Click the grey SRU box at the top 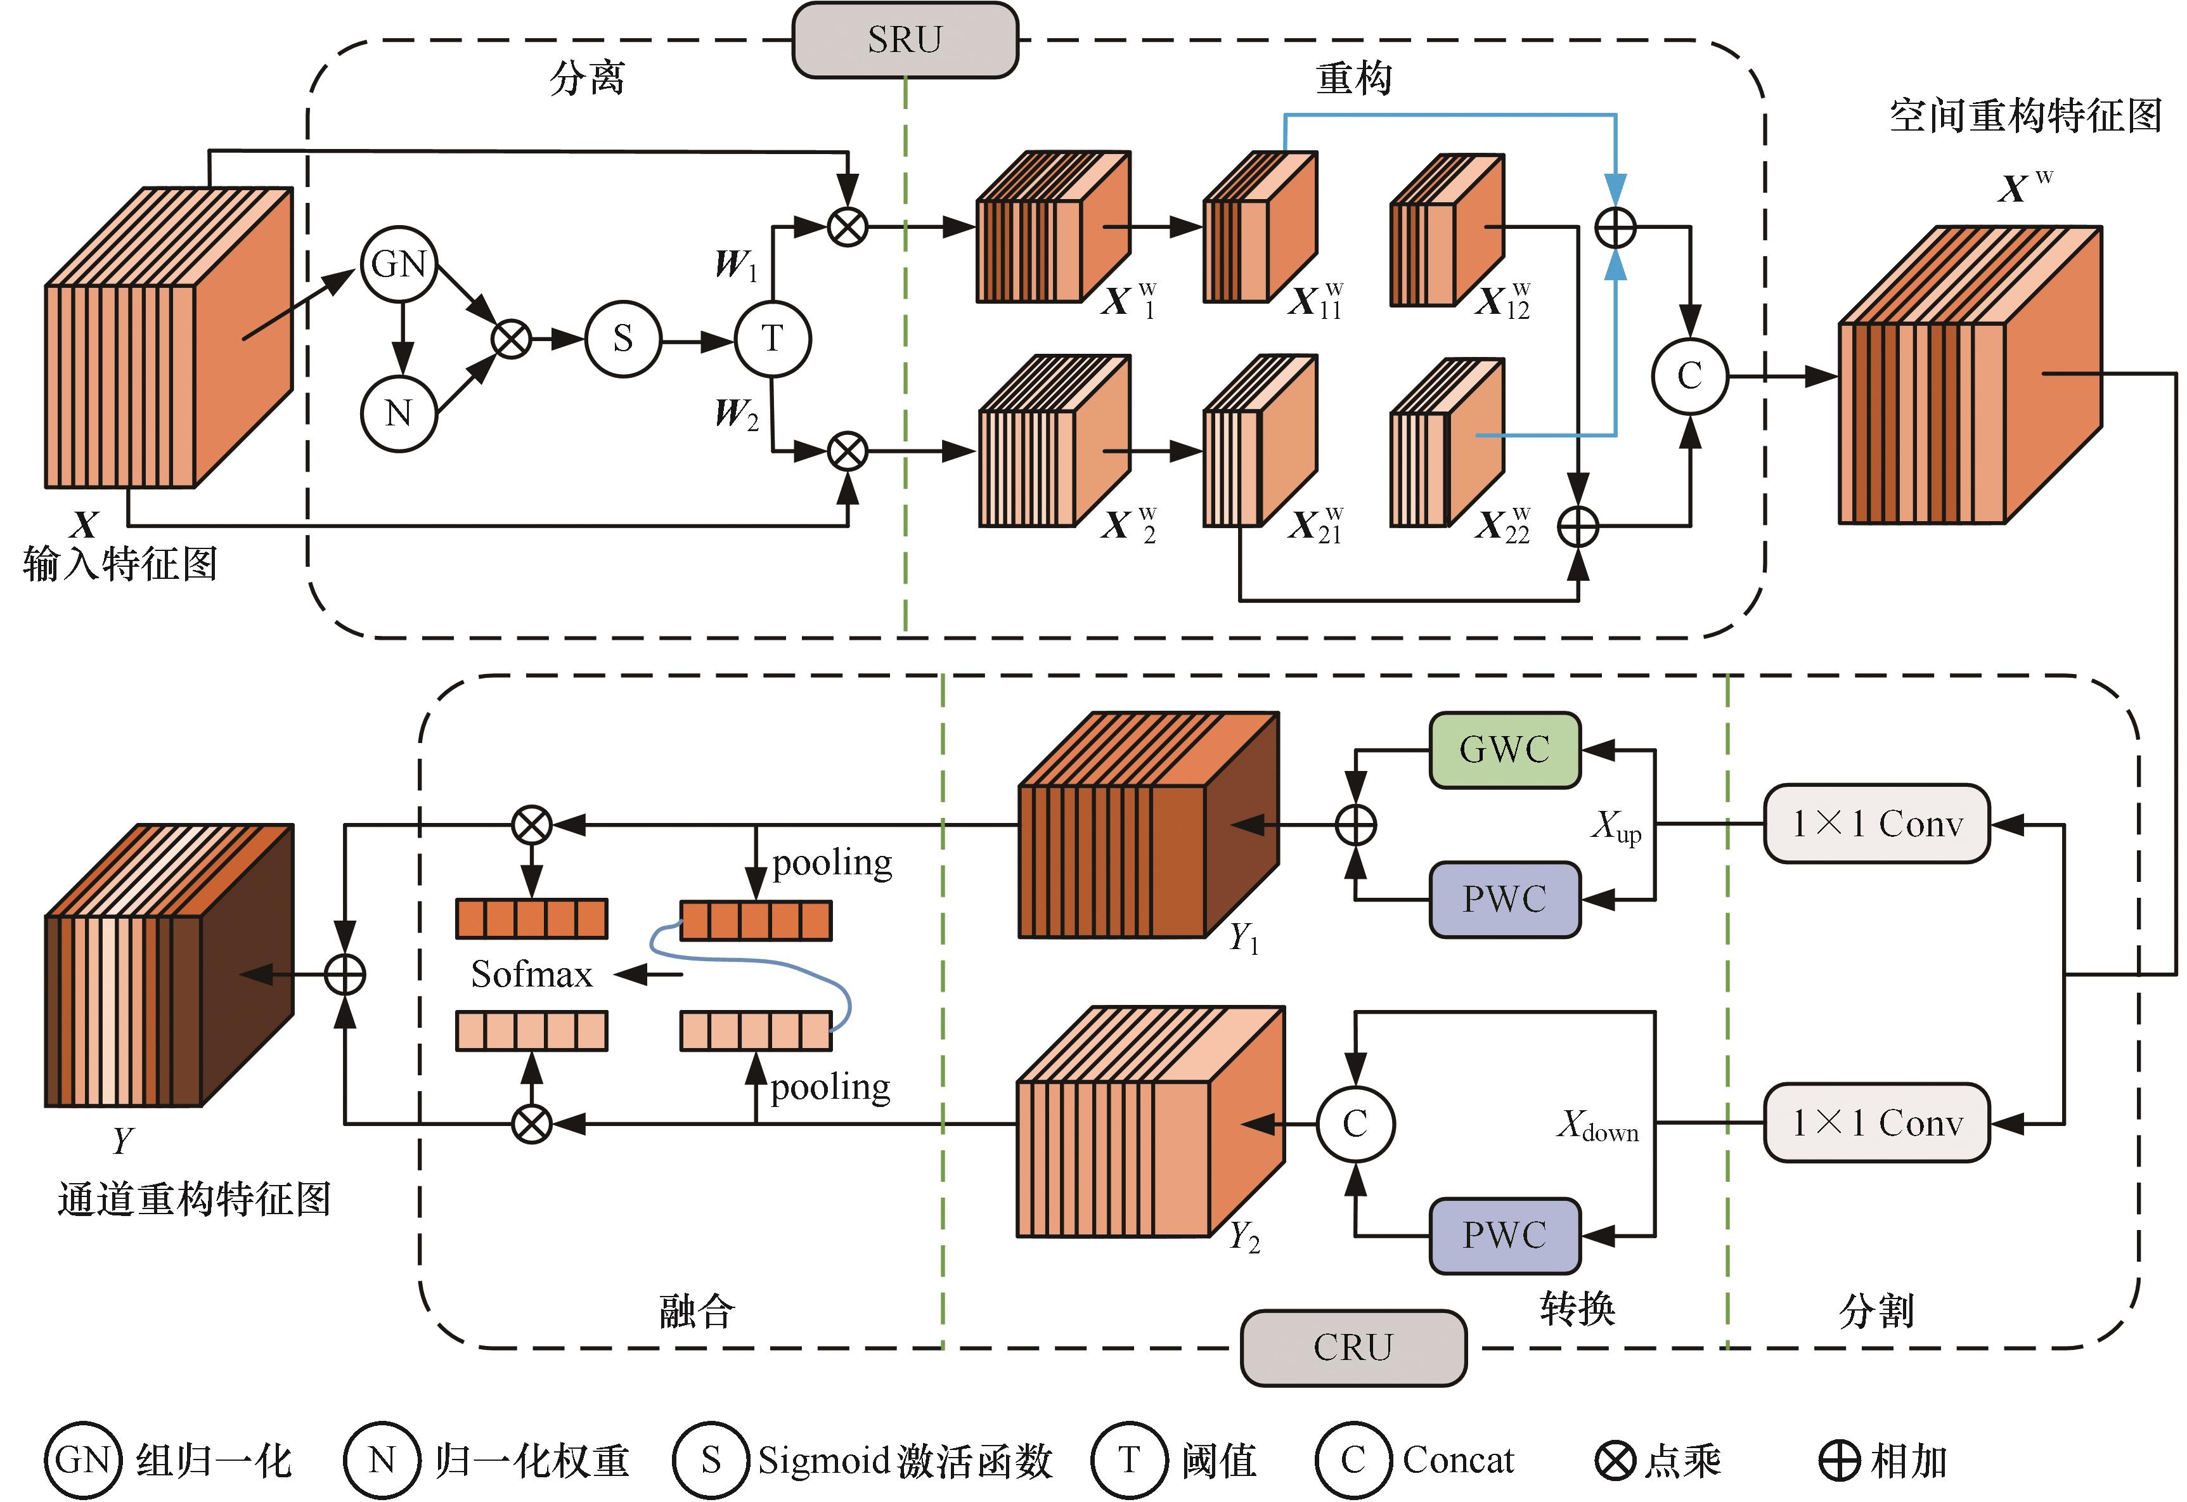pos(905,39)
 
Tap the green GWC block pos(1504,749)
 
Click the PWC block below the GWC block pos(1504,899)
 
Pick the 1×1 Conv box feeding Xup pos(1876,824)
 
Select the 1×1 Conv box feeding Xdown pos(1876,1123)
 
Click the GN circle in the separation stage pos(399,264)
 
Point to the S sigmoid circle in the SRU pos(623,339)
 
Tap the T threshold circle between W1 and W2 pos(771,339)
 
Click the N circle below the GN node pos(399,413)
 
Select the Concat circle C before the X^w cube pos(1689,377)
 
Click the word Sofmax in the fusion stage pos(532,974)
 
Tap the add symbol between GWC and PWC pos(1355,825)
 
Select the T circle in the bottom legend pos(1128,1460)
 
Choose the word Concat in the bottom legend pos(1458,1460)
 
